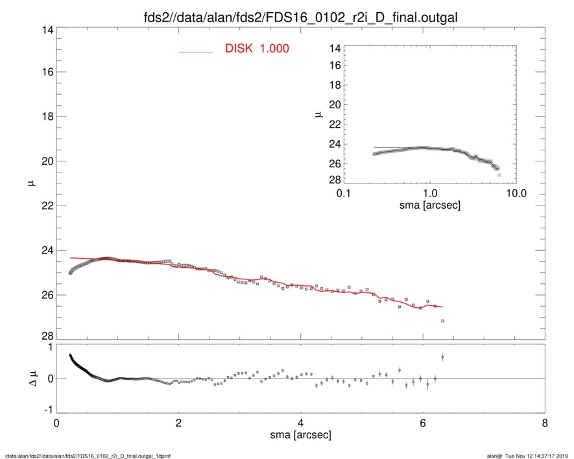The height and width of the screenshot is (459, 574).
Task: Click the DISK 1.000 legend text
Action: pos(257,49)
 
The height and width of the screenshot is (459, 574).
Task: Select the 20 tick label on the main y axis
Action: pos(45,161)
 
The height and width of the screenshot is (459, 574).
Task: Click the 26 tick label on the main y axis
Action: pos(45,295)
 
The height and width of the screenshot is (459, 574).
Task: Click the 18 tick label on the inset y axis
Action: pos(335,85)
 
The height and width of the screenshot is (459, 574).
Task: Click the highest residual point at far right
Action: pos(442,357)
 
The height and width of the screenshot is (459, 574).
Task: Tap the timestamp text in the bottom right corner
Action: pos(531,455)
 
